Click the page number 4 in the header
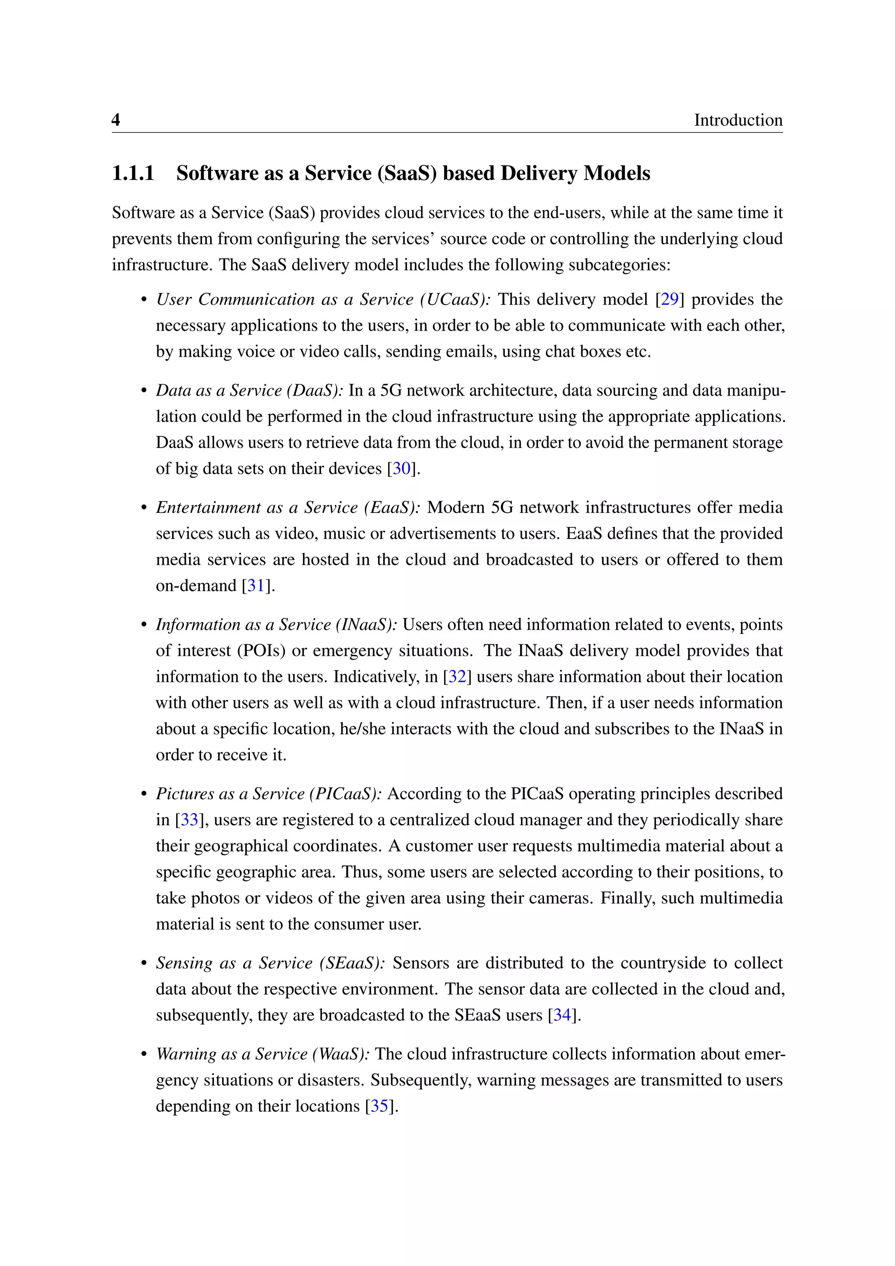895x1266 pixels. pyautogui.click(x=116, y=120)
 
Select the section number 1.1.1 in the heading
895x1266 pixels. pyautogui.click(x=133, y=173)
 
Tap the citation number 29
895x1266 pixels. pyautogui.click(x=670, y=299)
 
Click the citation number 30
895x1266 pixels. pyautogui.click(x=402, y=469)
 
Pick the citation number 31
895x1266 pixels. pyautogui.click(x=256, y=586)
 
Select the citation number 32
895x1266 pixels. pyautogui.click(x=457, y=677)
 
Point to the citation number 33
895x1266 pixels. pyautogui.click(x=189, y=820)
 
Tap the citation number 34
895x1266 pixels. pyautogui.click(x=562, y=1015)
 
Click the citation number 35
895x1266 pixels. pyautogui.click(x=379, y=1106)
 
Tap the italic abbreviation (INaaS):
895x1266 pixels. pyautogui.click(x=366, y=625)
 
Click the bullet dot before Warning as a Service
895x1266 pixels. pyautogui.click(x=144, y=1055)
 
